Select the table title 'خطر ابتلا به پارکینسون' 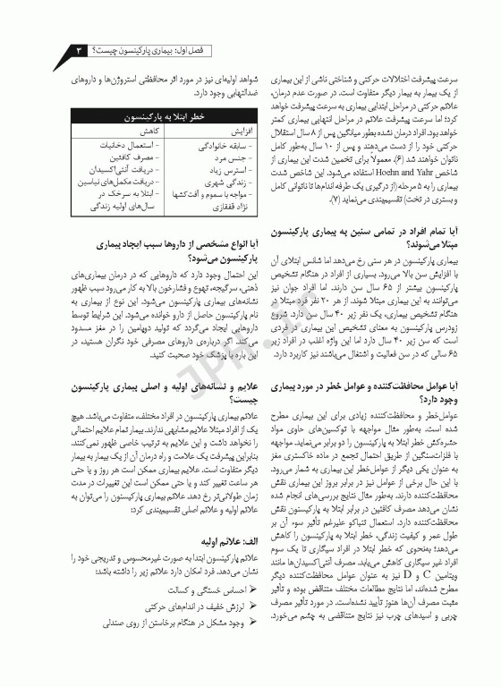[x=149, y=116]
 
